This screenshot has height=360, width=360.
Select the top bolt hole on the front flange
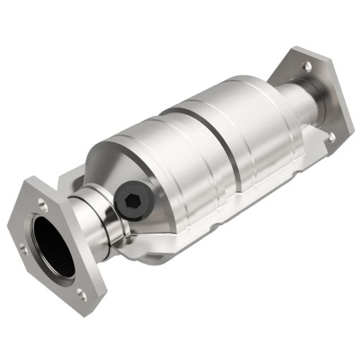pyautogui.click(x=42, y=204)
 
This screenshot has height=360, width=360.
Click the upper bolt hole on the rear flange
pyautogui.click(x=308, y=67)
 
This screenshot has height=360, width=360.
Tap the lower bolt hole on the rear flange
pyautogui.click(x=330, y=134)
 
